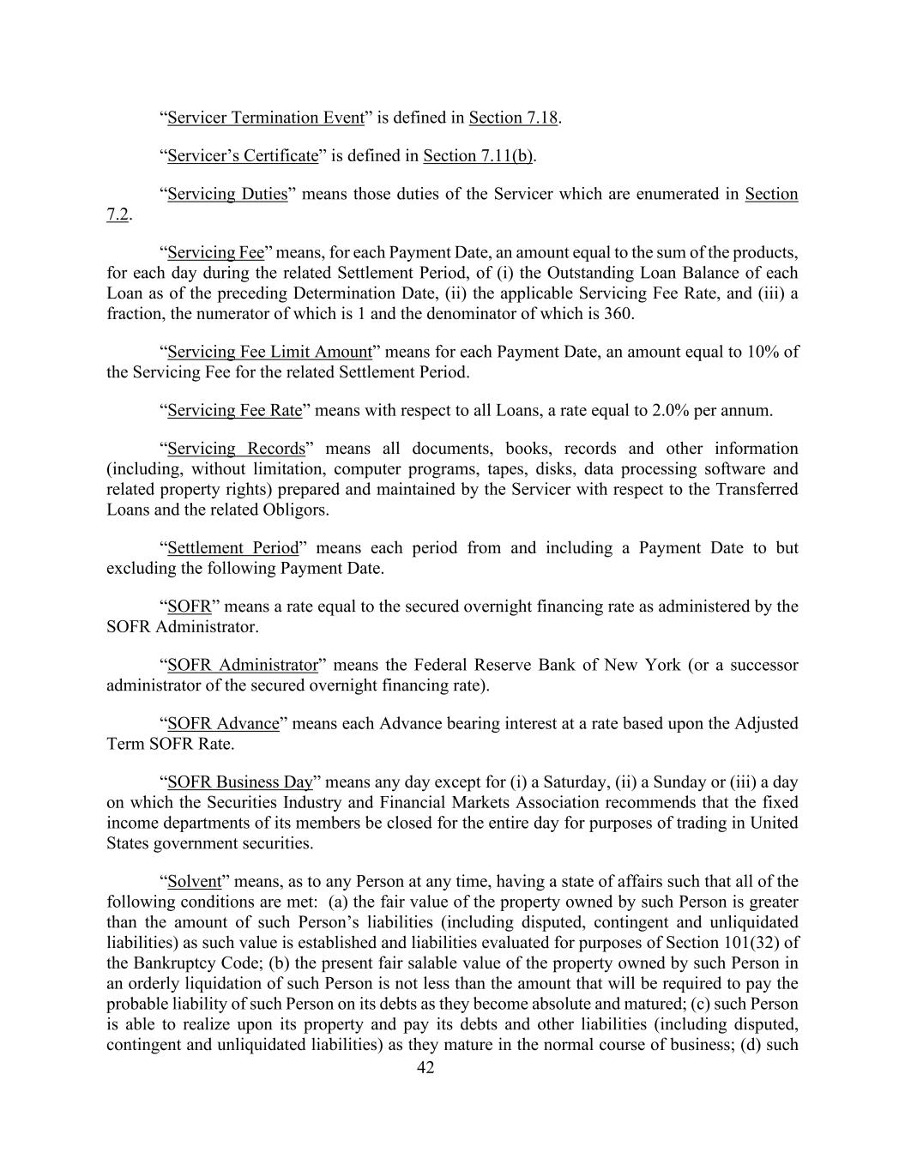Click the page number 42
(425, 1068)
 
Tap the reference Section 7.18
(513, 118)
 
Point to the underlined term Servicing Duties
(227, 194)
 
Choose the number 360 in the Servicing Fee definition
(618, 314)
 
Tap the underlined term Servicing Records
(236, 449)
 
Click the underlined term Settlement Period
(232, 548)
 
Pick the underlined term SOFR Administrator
(243, 666)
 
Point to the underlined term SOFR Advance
(223, 723)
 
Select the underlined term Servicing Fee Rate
(234, 410)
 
